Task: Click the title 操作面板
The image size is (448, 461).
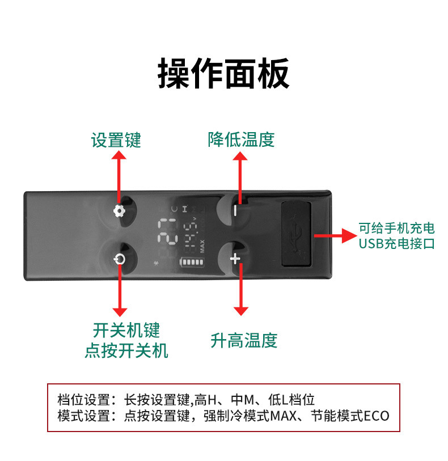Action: [x=223, y=73]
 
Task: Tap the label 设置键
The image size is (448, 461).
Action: [x=116, y=140]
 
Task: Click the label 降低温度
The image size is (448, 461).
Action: [x=241, y=139]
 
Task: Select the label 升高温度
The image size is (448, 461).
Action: [x=244, y=341]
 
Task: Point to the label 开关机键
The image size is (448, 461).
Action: [x=126, y=330]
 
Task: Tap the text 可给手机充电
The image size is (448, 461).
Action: [x=397, y=229]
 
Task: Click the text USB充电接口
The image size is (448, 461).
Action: [x=397, y=244]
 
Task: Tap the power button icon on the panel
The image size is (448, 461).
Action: [x=119, y=260]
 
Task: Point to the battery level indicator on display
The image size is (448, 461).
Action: [x=193, y=263]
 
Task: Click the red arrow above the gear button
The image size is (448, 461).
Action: [x=119, y=176]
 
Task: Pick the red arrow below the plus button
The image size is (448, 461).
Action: [x=241, y=289]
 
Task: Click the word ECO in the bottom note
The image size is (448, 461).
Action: [x=377, y=416]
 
